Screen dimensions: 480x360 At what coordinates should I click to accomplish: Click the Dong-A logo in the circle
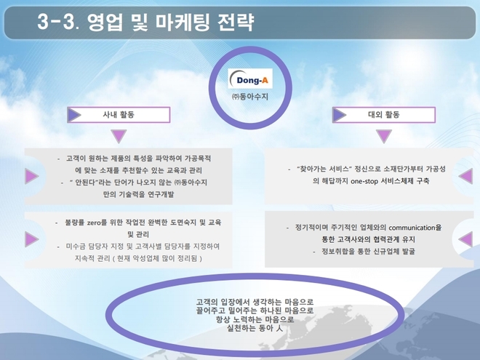tap(250, 79)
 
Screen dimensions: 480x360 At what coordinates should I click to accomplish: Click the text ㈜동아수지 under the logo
tap(250, 97)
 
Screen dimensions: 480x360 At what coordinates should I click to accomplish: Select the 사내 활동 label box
tap(119, 115)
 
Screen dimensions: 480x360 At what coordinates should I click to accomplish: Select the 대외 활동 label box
tap(384, 115)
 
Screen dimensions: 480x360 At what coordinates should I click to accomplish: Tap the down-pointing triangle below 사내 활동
tap(119, 135)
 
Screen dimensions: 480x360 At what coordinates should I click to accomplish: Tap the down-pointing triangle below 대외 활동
tap(384, 135)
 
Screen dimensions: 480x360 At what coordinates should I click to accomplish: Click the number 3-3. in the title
tap(58, 22)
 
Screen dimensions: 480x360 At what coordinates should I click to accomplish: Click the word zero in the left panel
tap(94, 223)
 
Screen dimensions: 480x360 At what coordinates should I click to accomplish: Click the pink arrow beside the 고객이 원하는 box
tap(32, 176)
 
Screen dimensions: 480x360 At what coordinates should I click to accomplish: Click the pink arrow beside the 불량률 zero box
tap(32, 239)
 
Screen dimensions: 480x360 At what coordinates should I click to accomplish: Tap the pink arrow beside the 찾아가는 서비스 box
tap(465, 176)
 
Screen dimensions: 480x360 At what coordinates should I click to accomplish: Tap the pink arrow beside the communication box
tap(465, 239)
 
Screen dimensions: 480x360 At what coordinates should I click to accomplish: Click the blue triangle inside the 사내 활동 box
tap(74, 115)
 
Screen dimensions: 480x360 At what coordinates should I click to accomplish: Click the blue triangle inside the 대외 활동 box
tap(339, 115)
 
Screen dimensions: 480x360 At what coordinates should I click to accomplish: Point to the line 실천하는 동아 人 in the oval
tap(255, 329)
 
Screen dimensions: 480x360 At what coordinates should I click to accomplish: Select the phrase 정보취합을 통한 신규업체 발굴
tap(368, 252)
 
